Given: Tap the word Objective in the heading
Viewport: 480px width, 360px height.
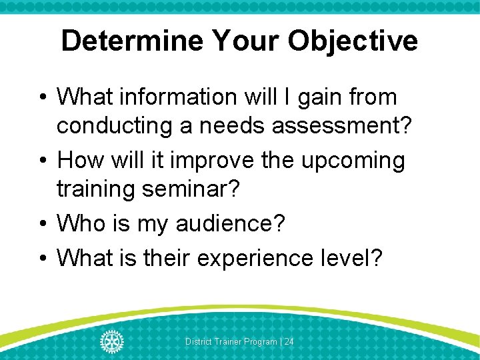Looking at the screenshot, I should tap(353, 41).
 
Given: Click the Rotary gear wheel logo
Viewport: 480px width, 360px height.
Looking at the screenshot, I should tap(112, 341).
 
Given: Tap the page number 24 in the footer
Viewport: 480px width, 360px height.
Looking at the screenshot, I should tap(289, 341).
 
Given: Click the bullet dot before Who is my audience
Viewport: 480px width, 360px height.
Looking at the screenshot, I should tap(43, 224).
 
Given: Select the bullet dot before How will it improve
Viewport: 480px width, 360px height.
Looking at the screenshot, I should tap(43, 161).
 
